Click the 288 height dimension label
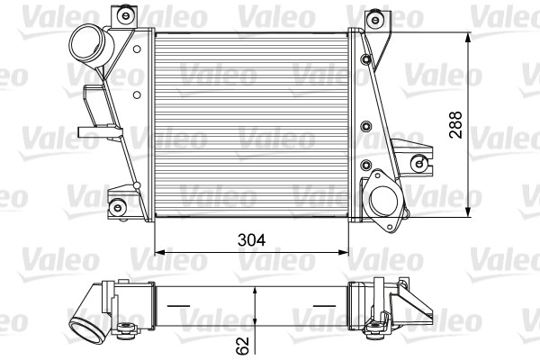click(455, 125)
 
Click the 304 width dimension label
click(252, 239)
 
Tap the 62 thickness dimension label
click(243, 346)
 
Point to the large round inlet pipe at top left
click(91, 45)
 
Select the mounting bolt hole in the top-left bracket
click(125, 14)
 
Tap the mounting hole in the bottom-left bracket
click(118, 208)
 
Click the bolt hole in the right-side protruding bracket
click(419, 163)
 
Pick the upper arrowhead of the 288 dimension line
click(468, 37)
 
